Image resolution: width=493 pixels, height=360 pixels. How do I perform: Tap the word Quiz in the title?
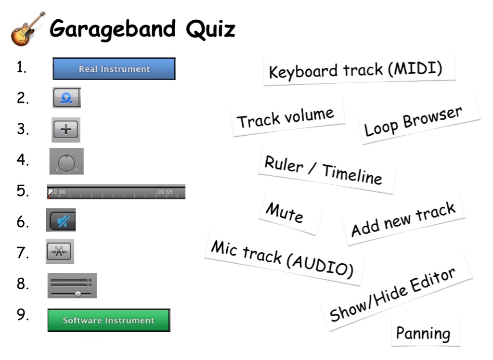click(210, 29)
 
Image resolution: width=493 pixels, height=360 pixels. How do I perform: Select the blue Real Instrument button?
click(114, 68)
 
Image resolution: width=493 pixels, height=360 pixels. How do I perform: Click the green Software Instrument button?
click(109, 320)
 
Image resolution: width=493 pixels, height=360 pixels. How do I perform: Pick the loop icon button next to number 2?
click(66, 98)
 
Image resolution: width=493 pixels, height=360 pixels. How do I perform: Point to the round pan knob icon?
click(66, 163)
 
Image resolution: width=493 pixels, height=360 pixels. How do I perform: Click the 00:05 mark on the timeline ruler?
click(165, 192)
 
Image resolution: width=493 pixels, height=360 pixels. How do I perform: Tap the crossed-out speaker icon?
click(64, 221)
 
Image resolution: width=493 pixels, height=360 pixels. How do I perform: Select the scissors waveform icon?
click(59, 252)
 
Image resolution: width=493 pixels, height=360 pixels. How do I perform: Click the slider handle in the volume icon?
click(78, 294)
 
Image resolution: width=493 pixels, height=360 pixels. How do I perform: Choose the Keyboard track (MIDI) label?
click(359, 69)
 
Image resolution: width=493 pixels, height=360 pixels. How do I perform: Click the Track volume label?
click(287, 117)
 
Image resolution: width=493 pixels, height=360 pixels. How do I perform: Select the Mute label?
click(289, 214)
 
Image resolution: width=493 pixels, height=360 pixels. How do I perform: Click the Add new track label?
click(403, 219)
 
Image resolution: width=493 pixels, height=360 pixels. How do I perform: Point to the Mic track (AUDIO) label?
click(284, 259)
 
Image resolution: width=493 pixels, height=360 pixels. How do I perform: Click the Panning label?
click(426, 333)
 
